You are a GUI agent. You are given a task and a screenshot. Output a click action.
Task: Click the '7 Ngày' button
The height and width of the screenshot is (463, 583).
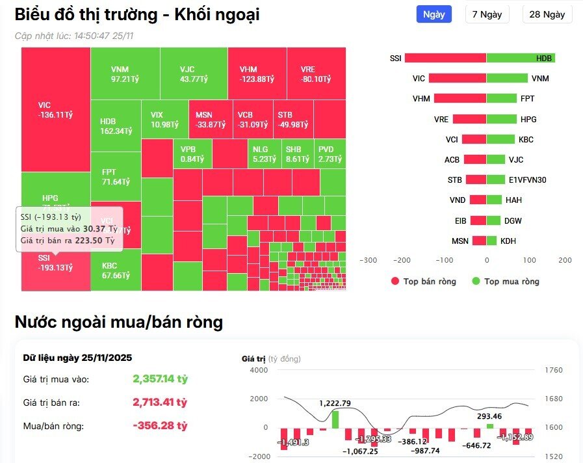pos(487,14)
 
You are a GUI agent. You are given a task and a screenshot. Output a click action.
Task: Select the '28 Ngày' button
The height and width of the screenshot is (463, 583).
pos(547,14)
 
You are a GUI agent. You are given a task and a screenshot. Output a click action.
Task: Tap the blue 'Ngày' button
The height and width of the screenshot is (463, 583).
pos(434,14)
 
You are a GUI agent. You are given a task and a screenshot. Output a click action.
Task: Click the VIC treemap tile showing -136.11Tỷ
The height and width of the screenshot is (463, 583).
pos(55,109)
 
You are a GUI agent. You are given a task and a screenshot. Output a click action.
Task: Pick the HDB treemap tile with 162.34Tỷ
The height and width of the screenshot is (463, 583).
pos(116,126)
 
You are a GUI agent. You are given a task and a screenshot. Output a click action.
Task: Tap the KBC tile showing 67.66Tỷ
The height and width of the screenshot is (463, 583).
pos(116,270)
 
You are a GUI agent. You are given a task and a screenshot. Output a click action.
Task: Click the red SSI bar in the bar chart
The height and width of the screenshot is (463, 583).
pos(445,58)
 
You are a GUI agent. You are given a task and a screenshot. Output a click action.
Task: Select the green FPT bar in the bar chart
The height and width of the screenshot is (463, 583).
pos(502,99)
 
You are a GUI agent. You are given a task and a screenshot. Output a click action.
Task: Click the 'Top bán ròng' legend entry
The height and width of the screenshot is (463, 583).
pos(424,282)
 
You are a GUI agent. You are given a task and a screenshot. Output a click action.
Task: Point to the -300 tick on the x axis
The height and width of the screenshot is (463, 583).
pos(369,260)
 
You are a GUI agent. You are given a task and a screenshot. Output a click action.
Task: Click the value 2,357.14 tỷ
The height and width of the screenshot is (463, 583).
pos(160,378)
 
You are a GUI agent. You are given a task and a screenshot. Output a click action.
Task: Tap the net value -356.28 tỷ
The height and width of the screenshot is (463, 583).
pos(160,426)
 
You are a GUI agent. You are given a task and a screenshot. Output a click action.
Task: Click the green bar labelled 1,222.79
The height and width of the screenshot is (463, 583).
pos(335,419)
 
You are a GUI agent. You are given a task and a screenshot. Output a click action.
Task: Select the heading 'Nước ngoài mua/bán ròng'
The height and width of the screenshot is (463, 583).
pos(119,322)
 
